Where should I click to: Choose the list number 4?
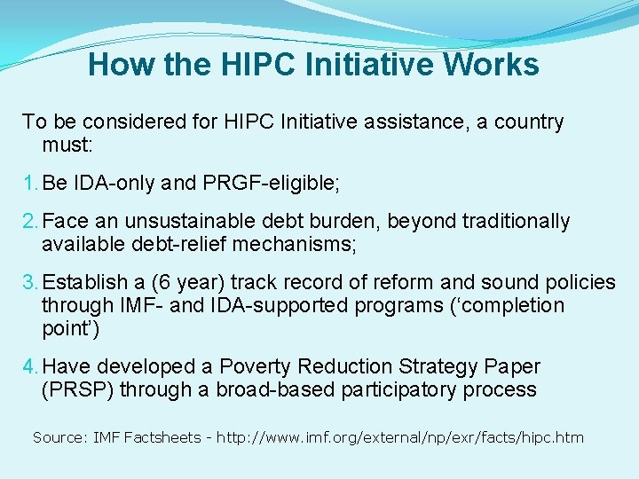click(30, 366)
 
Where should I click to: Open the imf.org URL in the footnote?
click(412, 437)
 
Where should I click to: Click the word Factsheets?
click(162, 437)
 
